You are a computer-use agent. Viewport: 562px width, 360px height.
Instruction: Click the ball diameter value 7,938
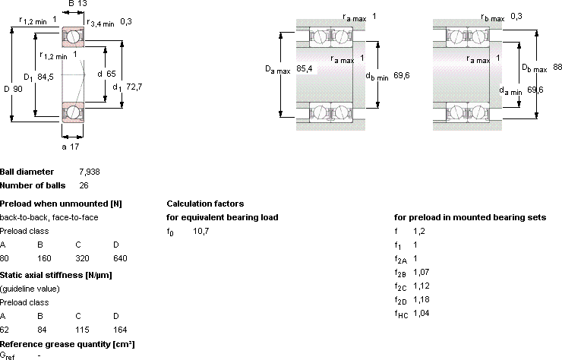click(90, 172)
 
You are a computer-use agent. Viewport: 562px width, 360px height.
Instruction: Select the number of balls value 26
click(84, 185)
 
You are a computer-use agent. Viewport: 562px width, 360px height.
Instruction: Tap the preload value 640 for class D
click(120, 258)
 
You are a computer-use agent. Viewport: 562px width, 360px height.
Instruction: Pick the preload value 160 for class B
click(44, 258)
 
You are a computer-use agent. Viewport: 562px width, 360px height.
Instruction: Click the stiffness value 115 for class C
click(82, 330)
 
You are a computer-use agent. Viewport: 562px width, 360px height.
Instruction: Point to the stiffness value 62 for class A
click(4, 330)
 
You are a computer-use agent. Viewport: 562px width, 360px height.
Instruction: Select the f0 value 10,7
click(200, 231)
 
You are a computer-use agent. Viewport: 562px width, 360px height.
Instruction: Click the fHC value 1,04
click(421, 313)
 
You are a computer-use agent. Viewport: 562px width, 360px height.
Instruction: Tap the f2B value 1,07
click(421, 272)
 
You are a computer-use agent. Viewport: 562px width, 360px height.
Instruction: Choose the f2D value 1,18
click(421, 299)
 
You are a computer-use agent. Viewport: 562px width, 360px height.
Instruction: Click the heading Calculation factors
click(205, 204)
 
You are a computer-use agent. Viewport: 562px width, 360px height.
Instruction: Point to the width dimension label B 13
click(77, 4)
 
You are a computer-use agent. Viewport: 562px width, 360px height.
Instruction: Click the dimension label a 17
click(70, 147)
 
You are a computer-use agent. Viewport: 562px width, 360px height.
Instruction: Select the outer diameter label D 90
click(13, 89)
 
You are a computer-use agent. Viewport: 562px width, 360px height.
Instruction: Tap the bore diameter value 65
click(111, 74)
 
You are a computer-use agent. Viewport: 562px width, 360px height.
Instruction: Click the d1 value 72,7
click(134, 87)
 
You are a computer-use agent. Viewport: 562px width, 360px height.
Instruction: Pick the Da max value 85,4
click(305, 68)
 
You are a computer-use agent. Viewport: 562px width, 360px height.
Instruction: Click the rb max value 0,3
click(516, 16)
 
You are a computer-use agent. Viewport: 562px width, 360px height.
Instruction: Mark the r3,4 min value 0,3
click(126, 21)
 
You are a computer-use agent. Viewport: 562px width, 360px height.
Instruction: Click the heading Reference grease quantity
click(68, 344)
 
